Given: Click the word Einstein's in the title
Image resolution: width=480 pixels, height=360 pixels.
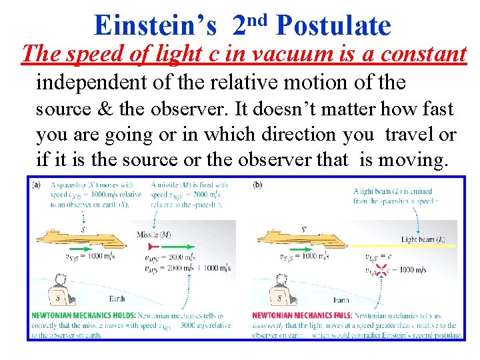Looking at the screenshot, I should tap(155, 25).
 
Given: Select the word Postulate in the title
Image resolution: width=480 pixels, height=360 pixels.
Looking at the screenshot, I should tap(333, 25).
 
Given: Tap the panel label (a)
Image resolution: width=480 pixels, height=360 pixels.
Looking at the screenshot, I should tap(36, 184).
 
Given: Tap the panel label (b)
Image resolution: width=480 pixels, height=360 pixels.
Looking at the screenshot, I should tap(258, 184).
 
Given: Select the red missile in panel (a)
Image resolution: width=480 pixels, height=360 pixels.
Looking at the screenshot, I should tap(167, 245).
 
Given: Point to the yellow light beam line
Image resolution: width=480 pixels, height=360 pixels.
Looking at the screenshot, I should tap(413, 245).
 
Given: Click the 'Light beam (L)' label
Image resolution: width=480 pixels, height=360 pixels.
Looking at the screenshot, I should tap(423, 238).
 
